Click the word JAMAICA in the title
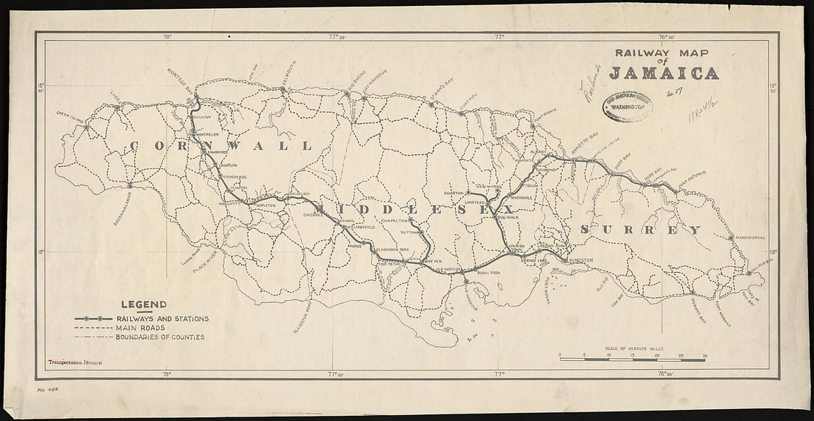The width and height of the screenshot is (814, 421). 663,73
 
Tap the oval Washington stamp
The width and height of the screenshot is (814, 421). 628,107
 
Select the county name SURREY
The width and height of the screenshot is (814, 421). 639,231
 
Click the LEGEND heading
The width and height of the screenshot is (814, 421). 144,305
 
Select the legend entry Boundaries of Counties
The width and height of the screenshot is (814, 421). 159,337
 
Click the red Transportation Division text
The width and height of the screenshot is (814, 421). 74,364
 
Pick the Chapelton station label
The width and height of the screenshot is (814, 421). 394,221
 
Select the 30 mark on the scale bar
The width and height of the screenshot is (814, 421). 704,356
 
